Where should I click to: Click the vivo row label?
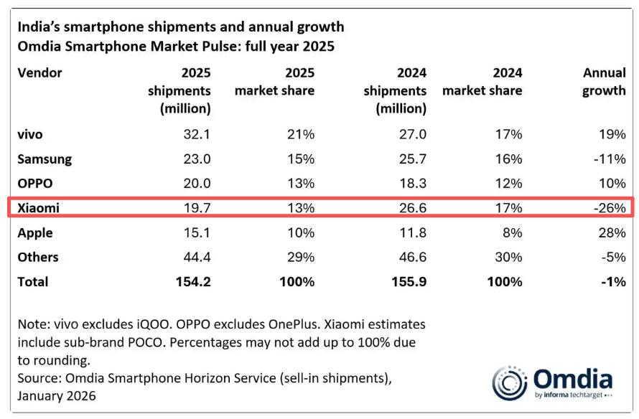[32, 134]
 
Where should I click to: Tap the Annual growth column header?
[604, 82]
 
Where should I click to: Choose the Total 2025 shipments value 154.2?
[190, 281]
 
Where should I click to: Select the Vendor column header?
[39, 73]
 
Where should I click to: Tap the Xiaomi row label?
[38, 208]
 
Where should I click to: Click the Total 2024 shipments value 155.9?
[407, 281]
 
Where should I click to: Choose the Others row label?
[38, 257]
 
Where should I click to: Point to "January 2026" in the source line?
[57, 395]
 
